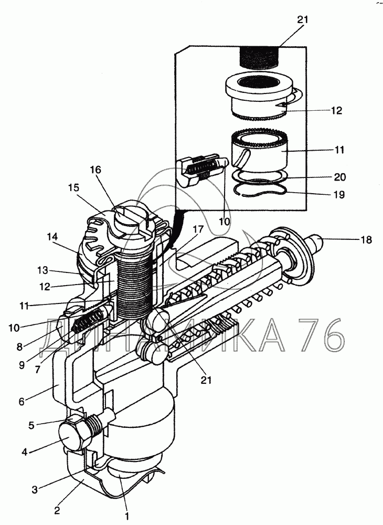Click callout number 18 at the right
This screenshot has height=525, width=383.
(x=366, y=240)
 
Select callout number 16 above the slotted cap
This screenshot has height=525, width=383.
(x=95, y=170)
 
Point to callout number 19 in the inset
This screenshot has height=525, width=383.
(x=339, y=195)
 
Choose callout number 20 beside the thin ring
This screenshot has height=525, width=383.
(x=340, y=176)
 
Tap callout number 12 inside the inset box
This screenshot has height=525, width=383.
(x=336, y=110)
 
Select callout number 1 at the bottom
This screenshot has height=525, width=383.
(x=127, y=516)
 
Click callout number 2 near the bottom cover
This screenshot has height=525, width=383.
(x=57, y=511)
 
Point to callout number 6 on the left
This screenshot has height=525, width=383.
(x=22, y=401)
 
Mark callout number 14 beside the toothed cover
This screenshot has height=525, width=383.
(x=52, y=237)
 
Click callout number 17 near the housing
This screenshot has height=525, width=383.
(x=198, y=229)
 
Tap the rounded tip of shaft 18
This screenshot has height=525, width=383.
(x=317, y=240)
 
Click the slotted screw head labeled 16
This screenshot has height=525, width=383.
(x=128, y=217)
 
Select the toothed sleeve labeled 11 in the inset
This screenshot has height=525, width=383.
(x=259, y=151)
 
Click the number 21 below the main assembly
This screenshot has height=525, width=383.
(x=206, y=380)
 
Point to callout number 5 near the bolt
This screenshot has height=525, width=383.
(x=31, y=426)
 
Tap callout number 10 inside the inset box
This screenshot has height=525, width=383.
(x=225, y=222)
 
